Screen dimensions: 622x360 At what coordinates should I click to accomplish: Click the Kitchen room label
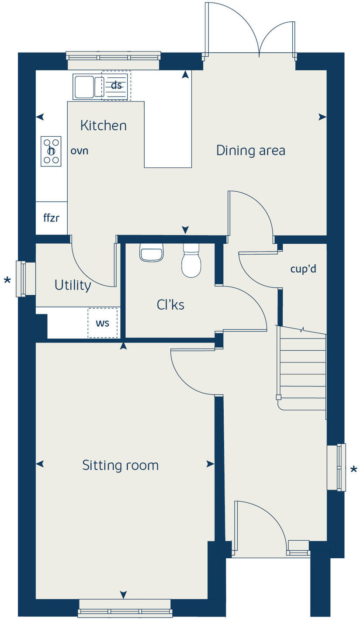point(104,126)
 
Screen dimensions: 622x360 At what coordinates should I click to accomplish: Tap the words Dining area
point(250,151)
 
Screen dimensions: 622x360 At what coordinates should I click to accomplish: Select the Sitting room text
point(120,465)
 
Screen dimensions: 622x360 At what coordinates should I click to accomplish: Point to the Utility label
point(73,285)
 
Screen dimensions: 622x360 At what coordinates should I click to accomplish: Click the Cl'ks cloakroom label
point(170,305)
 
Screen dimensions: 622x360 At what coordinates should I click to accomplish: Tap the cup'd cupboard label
point(303,269)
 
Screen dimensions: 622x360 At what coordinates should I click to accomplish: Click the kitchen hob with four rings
point(51,151)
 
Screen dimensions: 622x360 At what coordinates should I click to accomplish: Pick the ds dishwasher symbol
point(116,86)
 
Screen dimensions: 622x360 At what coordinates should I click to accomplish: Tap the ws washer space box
point(103,323)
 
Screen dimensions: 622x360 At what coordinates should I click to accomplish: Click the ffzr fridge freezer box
point(51,218)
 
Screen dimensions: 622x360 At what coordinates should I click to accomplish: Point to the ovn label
point(80,151)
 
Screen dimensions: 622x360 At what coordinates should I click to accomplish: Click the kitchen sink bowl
point(84,87)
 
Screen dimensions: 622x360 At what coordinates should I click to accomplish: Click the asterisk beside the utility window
point(7,280)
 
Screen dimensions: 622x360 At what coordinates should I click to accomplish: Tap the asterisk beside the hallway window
point(353,470)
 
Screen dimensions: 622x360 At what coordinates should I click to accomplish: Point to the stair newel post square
point(278,397)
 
